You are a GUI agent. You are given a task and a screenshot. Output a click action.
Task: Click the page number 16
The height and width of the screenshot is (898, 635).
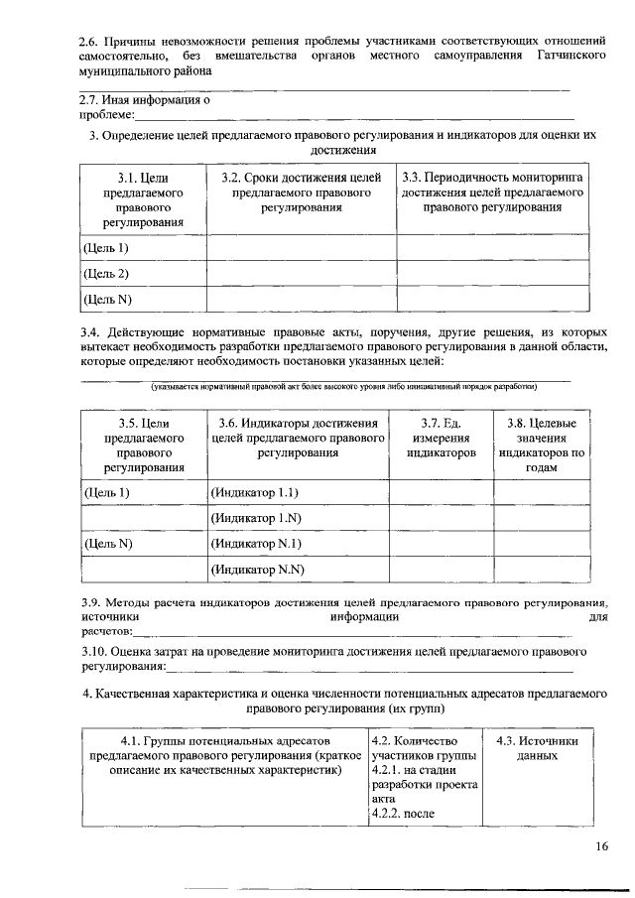click(602, 845)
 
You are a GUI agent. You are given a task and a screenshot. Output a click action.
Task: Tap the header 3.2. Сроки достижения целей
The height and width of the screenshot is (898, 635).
click(302, 192)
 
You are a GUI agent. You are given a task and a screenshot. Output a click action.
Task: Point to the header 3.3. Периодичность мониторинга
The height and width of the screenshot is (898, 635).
click(492, 192)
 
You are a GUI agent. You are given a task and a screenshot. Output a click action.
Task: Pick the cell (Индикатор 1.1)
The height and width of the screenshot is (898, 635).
click(255, 492)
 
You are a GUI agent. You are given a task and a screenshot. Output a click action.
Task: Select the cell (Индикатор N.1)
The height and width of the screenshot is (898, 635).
click(256, 543)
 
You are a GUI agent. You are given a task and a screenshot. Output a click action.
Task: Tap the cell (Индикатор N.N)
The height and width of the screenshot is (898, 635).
click(257, 569)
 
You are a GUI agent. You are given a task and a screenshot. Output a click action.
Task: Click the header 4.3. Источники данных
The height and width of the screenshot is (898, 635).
click(537, 748)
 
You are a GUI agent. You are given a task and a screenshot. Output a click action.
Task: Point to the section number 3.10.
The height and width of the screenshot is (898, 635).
click(95, 651)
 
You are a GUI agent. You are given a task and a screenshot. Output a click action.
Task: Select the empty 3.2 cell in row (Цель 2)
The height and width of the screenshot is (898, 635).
click(302, 273)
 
